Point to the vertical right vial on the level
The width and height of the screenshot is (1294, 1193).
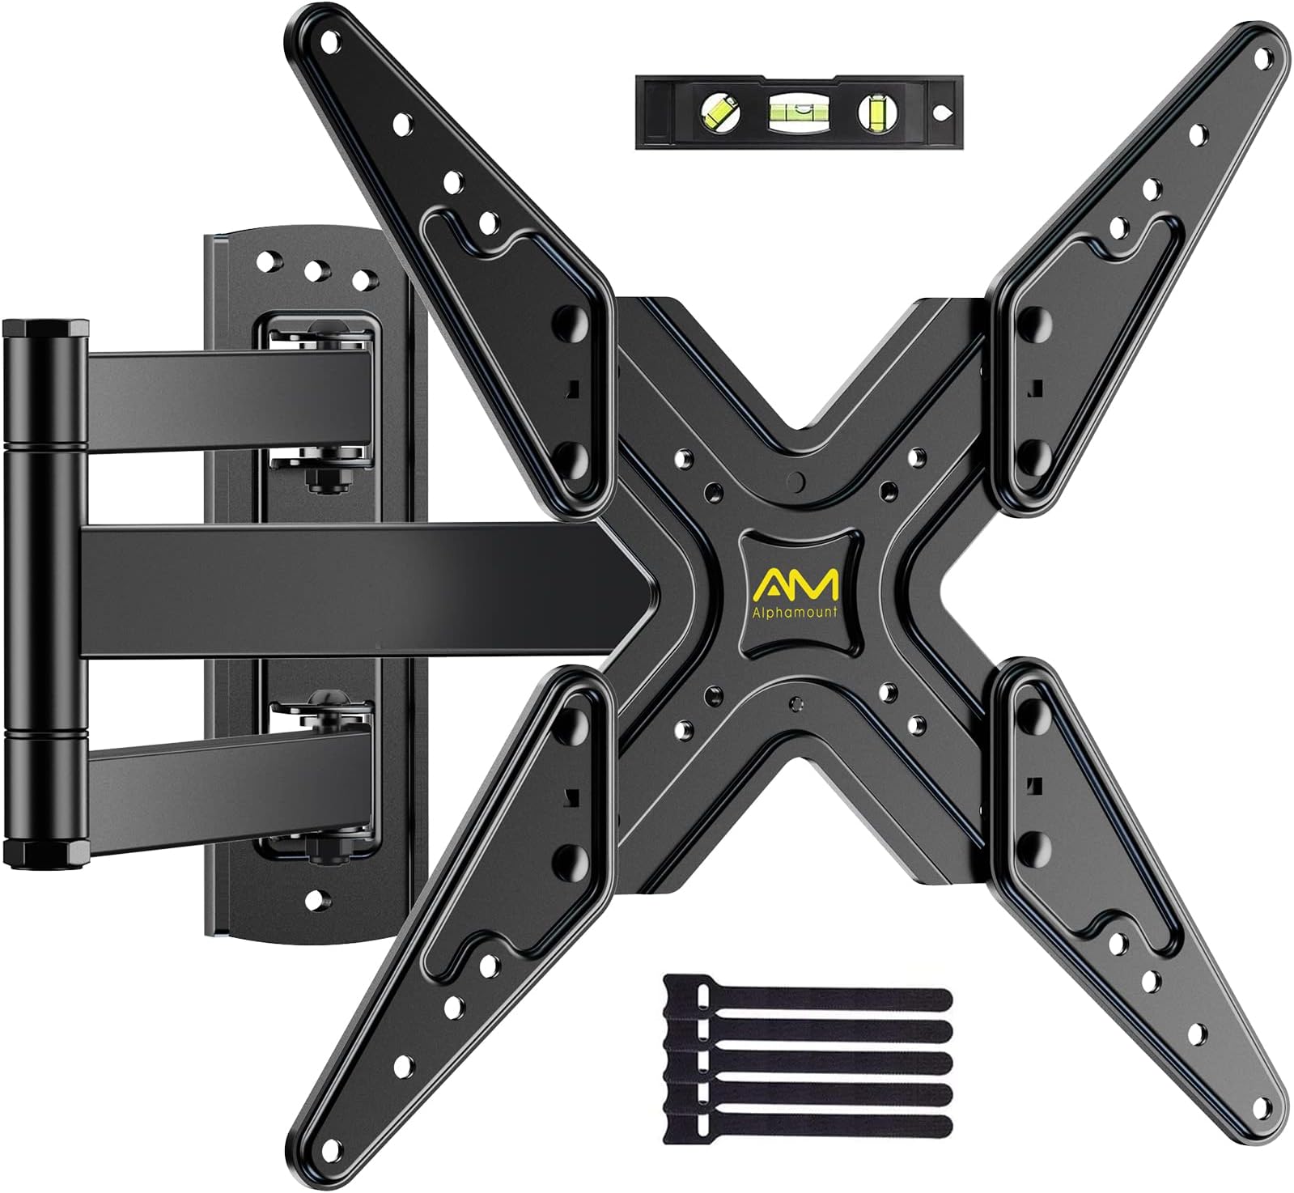click(876, 111)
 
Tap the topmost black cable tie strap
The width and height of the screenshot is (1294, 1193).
click(809, 997)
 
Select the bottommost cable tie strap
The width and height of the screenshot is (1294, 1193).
click(809, 1125)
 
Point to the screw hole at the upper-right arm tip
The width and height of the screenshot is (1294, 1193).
click(1261, 58)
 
